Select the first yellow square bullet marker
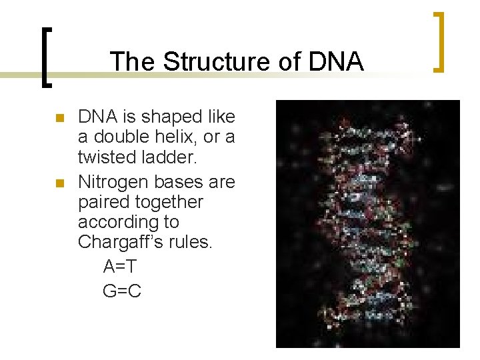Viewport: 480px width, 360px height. (59, 119)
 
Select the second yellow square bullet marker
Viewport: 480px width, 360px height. (59, 183)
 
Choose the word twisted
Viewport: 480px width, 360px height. (111, 159)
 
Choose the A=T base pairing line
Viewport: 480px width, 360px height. (121, 267)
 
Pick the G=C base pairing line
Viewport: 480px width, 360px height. (122, 291)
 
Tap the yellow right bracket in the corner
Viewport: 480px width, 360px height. (438, 41)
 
